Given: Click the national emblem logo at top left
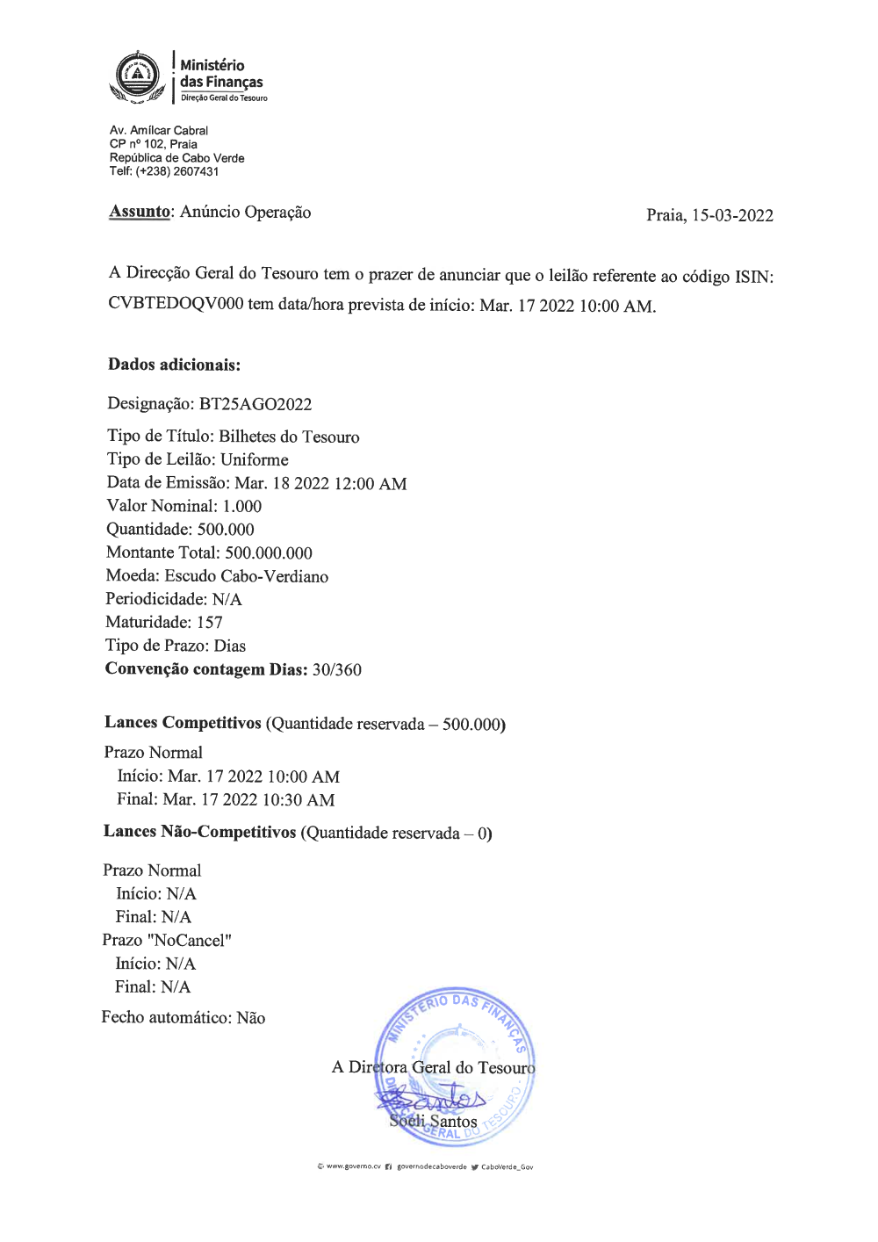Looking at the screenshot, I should [x=137, y=76].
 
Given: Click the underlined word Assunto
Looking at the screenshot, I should [x=140, y=212].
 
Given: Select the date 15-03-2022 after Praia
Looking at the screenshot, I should [x=732, y=216].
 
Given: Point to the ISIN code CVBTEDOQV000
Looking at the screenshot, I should [x=176, y=304].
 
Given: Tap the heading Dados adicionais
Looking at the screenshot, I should [x=174, y=365].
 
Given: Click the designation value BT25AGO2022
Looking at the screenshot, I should [x=255, y=404].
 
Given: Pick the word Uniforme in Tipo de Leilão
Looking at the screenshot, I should [x=255, y=459].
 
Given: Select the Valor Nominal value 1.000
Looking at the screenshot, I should [x=242, y=506].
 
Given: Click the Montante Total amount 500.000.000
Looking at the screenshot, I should [x=269, y=552].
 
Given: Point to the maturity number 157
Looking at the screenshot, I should [x=210, y=622].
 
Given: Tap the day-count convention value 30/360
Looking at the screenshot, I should [x=337, y=669].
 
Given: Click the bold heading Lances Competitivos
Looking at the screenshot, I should [x=183, y=723].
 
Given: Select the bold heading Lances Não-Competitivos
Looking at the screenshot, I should [x=199, y=832].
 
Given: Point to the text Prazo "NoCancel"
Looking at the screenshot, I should [x=167, y=940].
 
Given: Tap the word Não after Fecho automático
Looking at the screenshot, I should [x=251, y=1018].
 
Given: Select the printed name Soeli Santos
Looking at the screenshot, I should [x=434, y=1122].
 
